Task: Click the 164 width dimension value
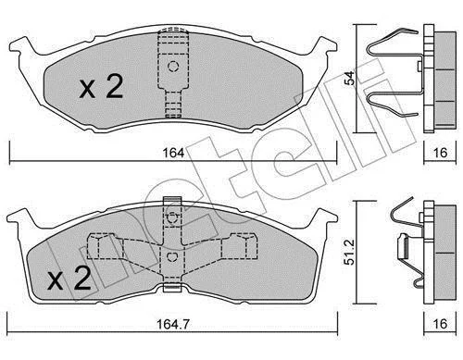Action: point(174,153)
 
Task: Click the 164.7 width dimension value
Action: point(173,324)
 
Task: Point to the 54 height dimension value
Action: point(350,79)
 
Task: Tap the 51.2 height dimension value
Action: point(349,253)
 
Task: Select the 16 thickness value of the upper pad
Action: point(440,153)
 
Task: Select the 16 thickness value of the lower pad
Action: point(440,324)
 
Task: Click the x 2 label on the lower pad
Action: point(69,278)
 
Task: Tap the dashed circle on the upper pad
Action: point(173,67)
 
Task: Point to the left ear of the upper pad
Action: point(21,46)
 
